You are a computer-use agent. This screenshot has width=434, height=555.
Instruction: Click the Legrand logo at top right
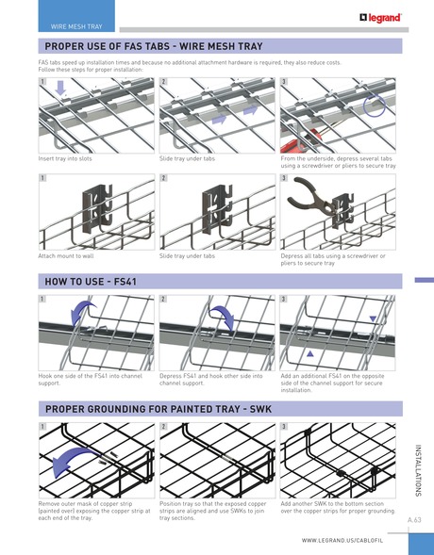(x=381, y=16)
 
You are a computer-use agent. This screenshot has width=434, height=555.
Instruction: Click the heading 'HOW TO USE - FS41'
(x=91, y=281)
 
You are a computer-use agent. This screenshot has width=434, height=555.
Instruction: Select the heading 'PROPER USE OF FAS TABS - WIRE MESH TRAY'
(x=155, y=46)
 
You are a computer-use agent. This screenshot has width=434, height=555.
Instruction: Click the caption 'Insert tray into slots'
(x=71, y=160)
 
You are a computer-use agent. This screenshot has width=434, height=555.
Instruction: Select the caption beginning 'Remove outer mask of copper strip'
(x=93, y=511)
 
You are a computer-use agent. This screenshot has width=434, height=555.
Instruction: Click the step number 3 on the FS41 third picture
(x=285, y=299)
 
